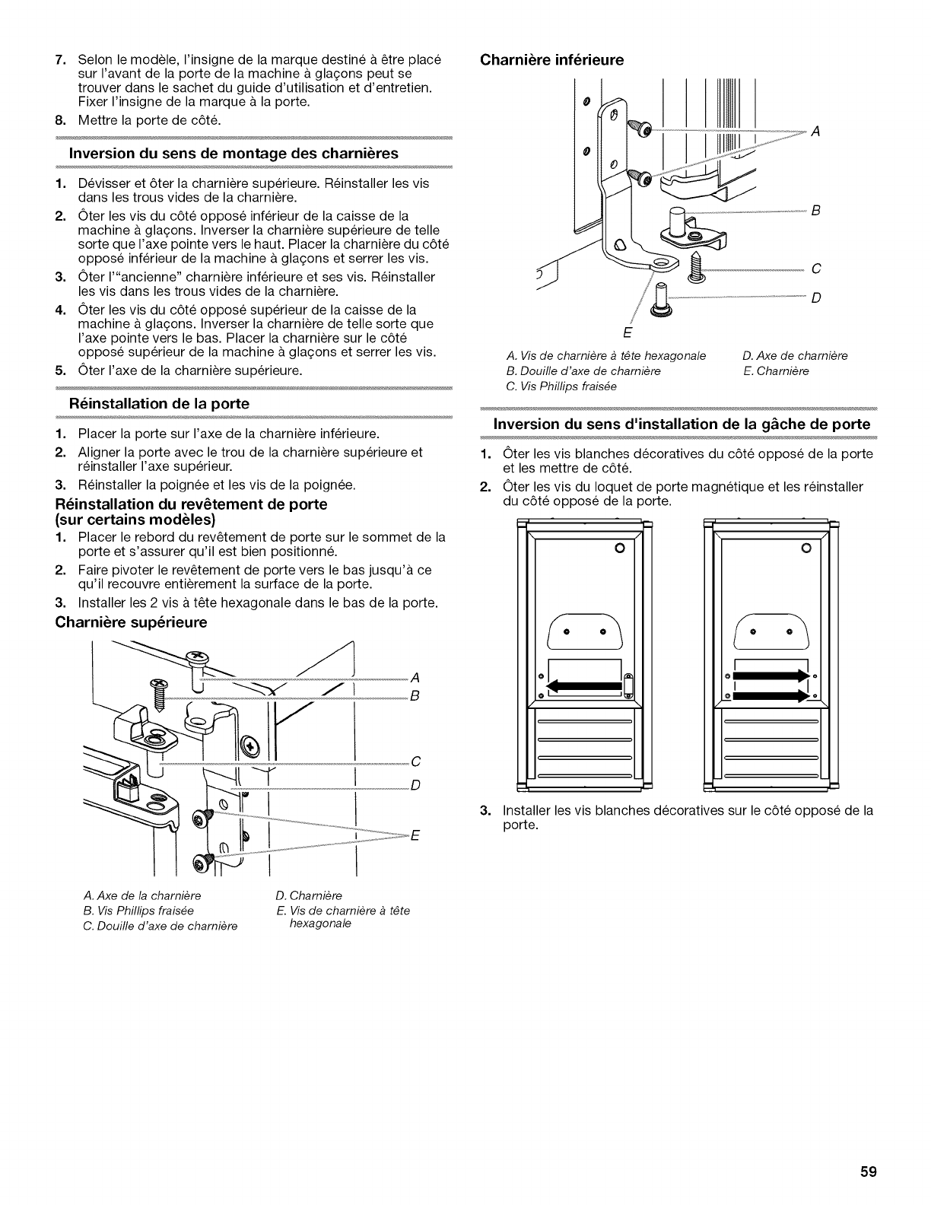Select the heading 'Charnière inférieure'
coord(551,59)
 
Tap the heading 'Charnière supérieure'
coord(131,623)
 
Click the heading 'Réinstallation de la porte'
coord(159,404)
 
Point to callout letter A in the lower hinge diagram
coord(815,132)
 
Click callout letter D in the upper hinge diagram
coord(415,785)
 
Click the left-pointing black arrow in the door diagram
coord(583,685)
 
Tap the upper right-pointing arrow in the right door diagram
coord(770,675)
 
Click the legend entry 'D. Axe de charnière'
coord(795,356)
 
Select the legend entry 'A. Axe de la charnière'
coord(141,895)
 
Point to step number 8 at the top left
coord(60,119)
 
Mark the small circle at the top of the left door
coord(619,548)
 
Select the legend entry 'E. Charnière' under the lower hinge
coord(775,371)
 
